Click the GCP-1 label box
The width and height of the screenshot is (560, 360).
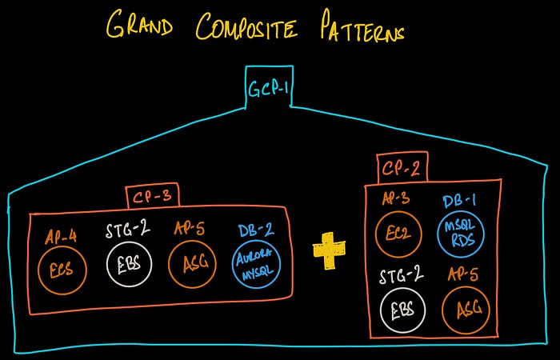point(269,86)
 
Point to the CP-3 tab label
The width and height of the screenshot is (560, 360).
point(153,197)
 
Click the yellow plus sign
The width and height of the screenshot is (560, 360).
point(329,250)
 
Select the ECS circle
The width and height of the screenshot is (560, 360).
point(62,270)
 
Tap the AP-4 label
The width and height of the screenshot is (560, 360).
point(61,237)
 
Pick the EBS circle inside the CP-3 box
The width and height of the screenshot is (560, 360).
point(129,264)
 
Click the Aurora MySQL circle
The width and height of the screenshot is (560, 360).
point(256,264)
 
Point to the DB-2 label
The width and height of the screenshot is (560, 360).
point(256,230)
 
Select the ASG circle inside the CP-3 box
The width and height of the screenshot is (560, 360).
point(192,264)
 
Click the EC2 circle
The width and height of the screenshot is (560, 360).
point(398,234)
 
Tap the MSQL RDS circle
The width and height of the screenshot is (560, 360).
point(461,234)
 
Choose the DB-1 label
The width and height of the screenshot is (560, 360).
point(459,202)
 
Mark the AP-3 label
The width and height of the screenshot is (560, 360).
point(396,199)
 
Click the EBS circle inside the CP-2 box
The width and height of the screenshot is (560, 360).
point(402,310)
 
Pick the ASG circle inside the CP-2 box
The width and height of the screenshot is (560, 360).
point(466,310)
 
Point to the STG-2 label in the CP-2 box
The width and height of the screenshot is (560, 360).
point(401,277)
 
